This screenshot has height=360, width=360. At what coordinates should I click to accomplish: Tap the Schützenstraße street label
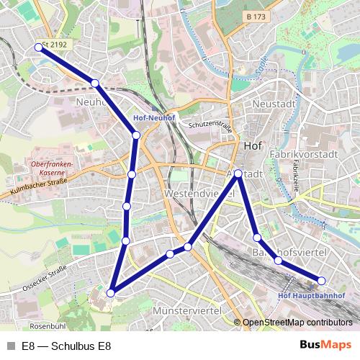pyautogui.click(x=209, y=127)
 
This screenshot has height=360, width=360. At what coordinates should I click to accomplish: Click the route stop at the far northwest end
pyautogui.click(x=38, y=48)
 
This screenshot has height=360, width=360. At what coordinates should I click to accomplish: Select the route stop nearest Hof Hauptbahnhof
pyautogui.click(x=322, y=280)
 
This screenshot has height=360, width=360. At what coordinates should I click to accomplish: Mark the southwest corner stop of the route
pyautogui.click(x=111, y=293)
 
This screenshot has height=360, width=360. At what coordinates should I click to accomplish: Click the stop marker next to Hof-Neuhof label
pyautogui.click(x=136, y=135)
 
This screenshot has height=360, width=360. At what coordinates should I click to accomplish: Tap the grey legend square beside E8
pyautogui.click(x=11, y=345)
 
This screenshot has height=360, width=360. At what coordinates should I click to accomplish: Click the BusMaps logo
pyautogui.click(x=325, y=344)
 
